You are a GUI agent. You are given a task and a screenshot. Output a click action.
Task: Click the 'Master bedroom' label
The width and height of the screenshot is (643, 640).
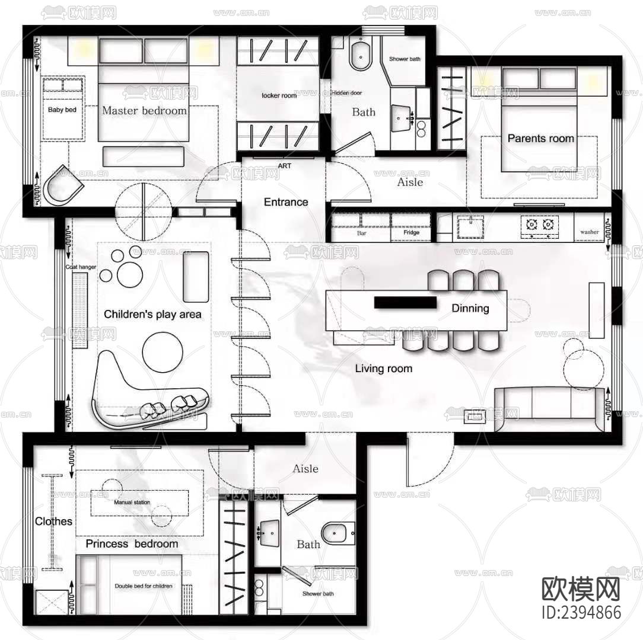coord(144,110)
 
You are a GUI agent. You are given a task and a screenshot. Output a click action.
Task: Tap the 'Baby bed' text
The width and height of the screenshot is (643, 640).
coord(62,110)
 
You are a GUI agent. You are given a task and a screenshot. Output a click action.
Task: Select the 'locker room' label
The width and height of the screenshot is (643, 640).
coord(279,95)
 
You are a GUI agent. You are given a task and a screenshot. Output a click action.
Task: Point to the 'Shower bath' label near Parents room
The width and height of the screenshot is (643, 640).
coord(405,59)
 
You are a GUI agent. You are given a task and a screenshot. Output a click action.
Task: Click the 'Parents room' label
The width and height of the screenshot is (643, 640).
coord(540,139)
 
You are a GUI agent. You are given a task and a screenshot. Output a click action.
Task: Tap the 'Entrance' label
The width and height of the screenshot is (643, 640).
coord(286,202)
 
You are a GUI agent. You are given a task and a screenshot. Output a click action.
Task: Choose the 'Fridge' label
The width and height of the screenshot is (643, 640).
coord(411,233)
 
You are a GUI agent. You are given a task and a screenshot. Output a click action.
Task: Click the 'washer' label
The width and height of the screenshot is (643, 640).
coord(590,232)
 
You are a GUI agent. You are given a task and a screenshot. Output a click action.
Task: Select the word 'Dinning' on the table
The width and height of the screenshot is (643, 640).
coord(470,308)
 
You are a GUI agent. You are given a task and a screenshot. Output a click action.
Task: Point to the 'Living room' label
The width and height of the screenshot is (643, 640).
coord(383,369)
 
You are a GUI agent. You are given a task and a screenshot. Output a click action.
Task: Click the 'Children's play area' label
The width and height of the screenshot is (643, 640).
coord(152,315)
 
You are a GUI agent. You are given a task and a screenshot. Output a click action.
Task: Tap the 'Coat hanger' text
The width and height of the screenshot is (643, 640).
coord(81,268)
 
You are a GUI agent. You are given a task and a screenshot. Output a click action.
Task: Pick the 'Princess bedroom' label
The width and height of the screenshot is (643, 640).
coord(132,544)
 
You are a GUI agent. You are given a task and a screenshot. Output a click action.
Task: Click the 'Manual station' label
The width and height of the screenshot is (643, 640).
coord(132,503)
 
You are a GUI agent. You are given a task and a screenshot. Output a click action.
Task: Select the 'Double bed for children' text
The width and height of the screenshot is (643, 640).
coord(144,586)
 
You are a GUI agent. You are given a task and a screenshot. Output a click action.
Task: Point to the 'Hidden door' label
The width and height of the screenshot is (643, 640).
coord(346,93)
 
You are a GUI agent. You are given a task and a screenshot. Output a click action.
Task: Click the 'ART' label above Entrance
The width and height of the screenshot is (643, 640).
coord(285,166)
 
